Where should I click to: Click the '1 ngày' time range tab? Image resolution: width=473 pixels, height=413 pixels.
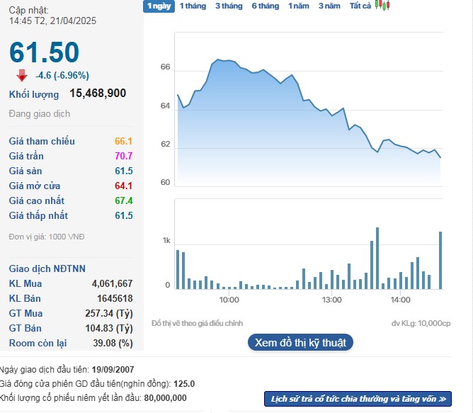pyautogui.click(x=158, y=6)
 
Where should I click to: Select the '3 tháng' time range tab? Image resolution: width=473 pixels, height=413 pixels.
pyautogui.click(x=228, y=6)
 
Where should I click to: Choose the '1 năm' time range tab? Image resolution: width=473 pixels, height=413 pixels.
pyautogui.click(x=298, y=6)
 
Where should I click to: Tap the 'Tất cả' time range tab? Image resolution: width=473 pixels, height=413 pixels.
pyautogui.click(x=360, y=6)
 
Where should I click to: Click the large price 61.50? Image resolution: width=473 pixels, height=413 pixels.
pyautogui.click(x=44, y=52)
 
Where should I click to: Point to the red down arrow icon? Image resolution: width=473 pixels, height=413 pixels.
pyautogui.click(x=22, y=75)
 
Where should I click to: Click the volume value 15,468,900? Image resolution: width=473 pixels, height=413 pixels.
pyautogui.click(x=98, y=93)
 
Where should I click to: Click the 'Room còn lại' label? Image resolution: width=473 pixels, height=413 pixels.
pyautogui.click(x=38, y=343)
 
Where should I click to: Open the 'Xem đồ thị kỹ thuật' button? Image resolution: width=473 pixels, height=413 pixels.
pyautogui.click(x=300, y=343)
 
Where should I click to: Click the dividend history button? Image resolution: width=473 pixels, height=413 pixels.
pyautogui.click(x=358, y=399)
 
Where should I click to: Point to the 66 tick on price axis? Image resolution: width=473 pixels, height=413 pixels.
pyautogui.click(x=166, y=67)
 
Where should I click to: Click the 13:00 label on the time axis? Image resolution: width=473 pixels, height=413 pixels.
pyautogui.click(x=331, y=300)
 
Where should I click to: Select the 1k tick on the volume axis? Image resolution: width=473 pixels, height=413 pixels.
pyautogui.click(x=166, y=241)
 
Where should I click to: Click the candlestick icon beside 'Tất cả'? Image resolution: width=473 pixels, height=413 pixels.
pyautogui.click(x=382, y=6)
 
